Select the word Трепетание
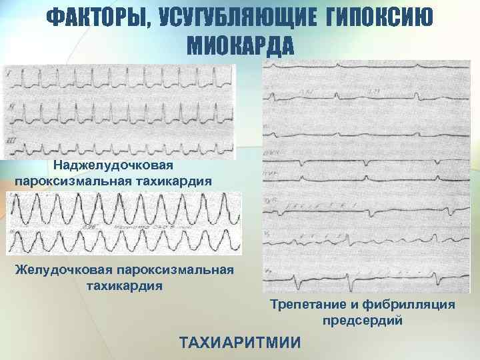pos(305,305)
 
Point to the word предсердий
pos(363,321)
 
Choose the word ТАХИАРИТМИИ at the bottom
pos(240,343)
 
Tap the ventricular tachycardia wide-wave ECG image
pos(124,223)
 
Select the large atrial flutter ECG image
pos(366,177)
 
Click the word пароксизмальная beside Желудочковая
pos(177,270)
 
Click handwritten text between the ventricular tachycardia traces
pos(127,227)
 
